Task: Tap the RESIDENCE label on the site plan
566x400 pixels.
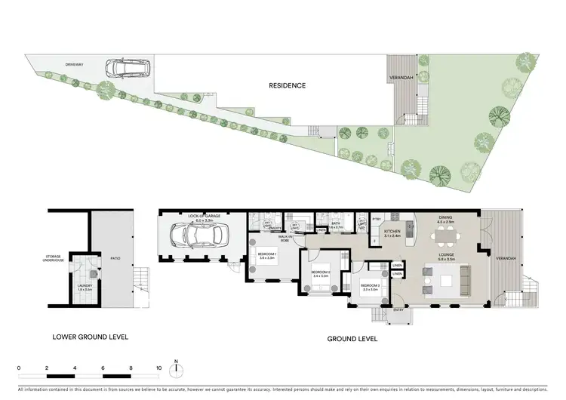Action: [x=288, y=85]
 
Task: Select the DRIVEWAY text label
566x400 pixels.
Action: [x=74, y=64]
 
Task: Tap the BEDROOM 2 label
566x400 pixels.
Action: [x=321, y=272]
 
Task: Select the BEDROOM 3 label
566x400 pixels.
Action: [x=371, y=288]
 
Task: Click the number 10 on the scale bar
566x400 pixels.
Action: [x=159, y=368]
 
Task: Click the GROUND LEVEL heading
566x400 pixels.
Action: [x=352, y=339]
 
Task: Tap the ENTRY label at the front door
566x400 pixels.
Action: [x=398, y=309]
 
